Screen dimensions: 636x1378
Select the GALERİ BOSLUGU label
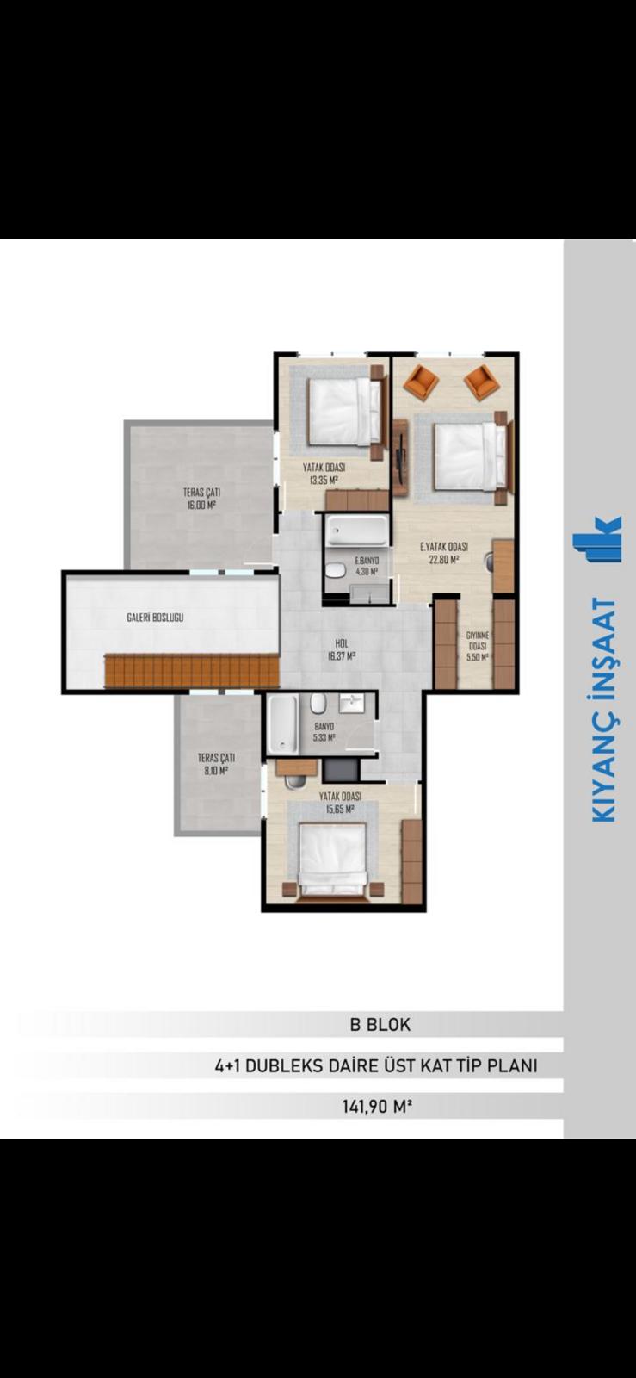155,617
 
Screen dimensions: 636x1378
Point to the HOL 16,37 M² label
343,649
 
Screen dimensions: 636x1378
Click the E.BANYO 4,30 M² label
367,566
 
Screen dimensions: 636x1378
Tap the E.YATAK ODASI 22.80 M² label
444,552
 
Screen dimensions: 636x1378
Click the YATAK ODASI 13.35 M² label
324,474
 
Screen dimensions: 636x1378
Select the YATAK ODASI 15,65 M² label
340,802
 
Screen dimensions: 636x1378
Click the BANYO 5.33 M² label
324,731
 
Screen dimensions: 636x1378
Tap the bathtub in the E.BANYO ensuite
357,531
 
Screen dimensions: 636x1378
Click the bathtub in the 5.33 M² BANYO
282,724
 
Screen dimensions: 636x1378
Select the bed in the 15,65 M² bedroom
332,859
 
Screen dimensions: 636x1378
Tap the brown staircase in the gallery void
192,672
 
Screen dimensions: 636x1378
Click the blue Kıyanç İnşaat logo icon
596,539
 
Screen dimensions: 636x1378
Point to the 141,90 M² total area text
376,1107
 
